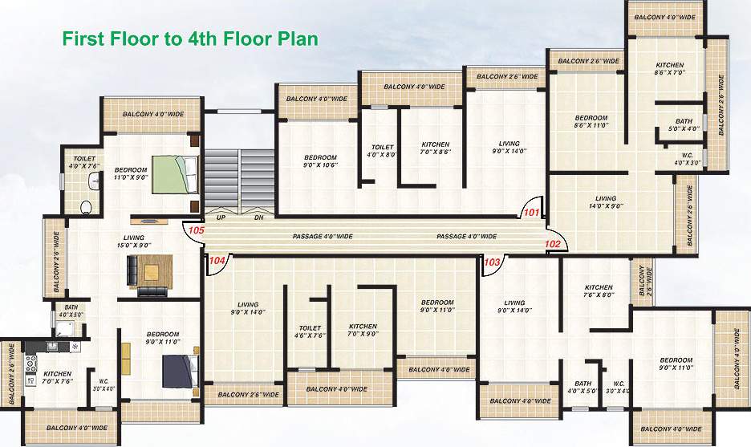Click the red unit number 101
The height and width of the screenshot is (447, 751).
point(530,213)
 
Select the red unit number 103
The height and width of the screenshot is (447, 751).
point(493,262)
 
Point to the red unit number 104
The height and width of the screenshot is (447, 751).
point(216,260)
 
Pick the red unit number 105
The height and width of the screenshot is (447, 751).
point(195,230)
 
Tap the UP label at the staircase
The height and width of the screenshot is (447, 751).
point(221,217)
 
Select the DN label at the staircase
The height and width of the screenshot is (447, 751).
point(258,217)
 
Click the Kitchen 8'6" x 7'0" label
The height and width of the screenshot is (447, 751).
point(669,69)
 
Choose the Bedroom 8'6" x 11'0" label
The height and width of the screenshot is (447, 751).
point(591,121)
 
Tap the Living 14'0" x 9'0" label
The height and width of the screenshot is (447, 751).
point(606,202)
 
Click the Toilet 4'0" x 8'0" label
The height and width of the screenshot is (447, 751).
point(383,151)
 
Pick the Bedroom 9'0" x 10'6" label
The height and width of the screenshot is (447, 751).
point(320,161)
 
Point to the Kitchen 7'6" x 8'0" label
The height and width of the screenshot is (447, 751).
point(599,291)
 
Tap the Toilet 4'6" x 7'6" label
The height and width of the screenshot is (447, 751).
point(310,332)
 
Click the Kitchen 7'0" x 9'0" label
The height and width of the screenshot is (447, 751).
point(363,330)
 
